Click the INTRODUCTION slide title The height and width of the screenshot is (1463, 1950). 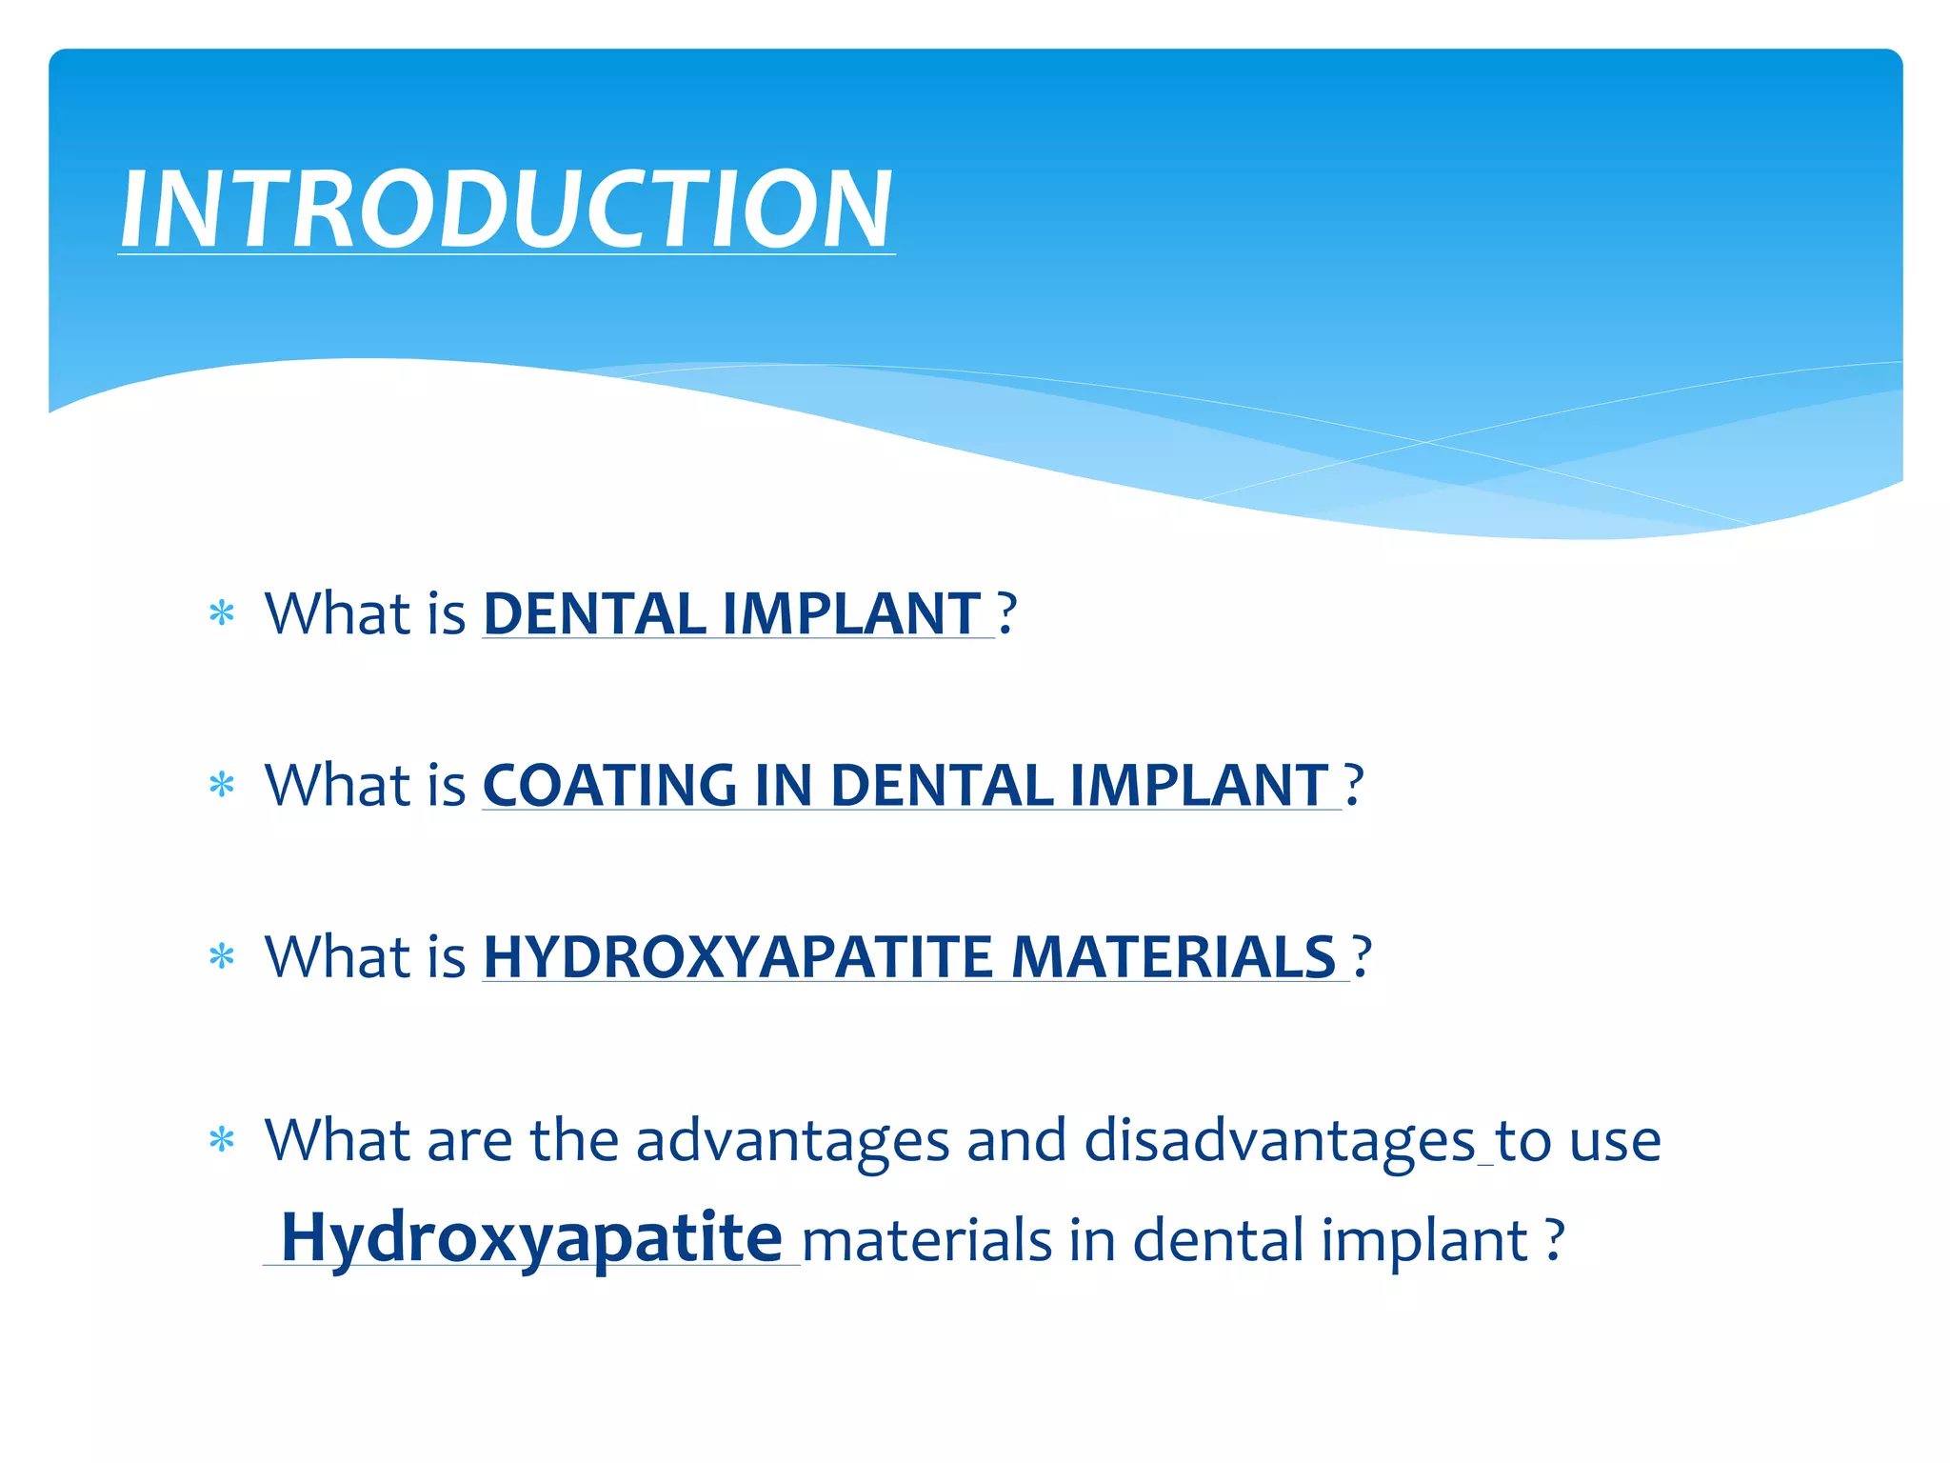point(506,210)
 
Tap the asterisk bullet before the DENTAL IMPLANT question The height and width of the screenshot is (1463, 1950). point(222,614)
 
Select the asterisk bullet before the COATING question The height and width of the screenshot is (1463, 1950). point(222,786)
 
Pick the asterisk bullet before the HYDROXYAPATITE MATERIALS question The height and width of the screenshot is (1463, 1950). point(222,957)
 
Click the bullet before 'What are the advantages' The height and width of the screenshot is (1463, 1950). point(222,1140)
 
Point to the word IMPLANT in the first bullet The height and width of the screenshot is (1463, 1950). point(851,613)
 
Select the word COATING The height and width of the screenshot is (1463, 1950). point(609,786)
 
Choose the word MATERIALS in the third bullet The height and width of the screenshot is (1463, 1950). point(1173,957)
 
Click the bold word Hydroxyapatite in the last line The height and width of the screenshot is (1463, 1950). point(531,1238)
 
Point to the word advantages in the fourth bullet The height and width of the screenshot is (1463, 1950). point(792,1141)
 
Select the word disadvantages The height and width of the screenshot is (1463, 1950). point(1280,1141)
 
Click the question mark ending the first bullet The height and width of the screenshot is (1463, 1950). point(1007,613)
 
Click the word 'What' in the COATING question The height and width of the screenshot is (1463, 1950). point(337,786)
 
